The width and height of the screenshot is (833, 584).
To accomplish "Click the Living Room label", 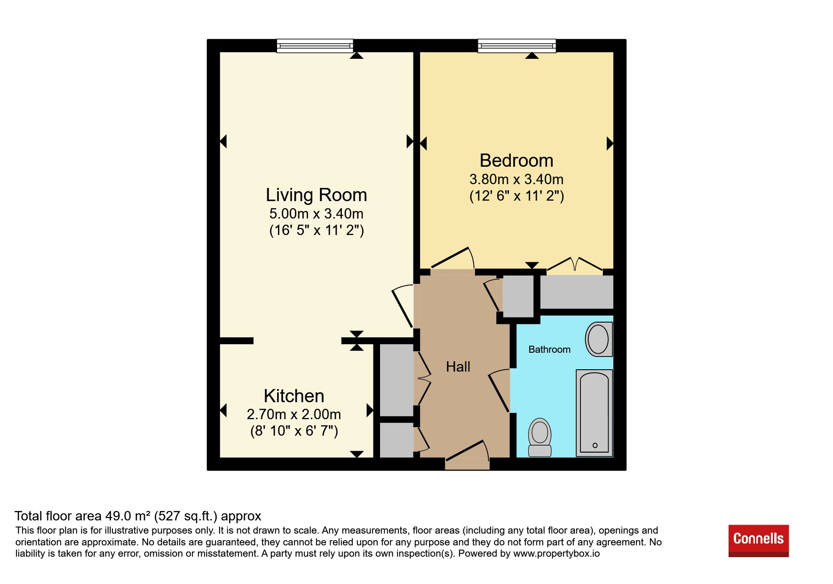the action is (x=316, y=195).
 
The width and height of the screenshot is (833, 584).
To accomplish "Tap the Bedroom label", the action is (x=516, y=161).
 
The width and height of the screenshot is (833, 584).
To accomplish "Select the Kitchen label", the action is (x=294, y=396).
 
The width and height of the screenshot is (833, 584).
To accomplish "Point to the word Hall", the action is (x=458, y=367).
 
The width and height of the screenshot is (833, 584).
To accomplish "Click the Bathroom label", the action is (x=549, y=349).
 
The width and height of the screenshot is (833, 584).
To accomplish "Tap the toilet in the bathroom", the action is (x=540, y=438).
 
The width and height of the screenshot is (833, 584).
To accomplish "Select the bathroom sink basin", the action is (x=599, y=339).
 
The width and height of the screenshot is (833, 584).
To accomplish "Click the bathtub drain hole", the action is (x=595, y=445).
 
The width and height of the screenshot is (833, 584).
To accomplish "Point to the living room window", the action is (x=315, y=46).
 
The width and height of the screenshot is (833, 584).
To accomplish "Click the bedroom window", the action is (x=517, y=46).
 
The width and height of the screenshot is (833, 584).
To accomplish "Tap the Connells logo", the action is (x=759, y=541).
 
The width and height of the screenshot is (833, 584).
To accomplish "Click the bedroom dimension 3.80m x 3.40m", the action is (x=516, y=179).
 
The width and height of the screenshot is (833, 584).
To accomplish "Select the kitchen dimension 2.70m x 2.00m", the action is (x=294, y=414).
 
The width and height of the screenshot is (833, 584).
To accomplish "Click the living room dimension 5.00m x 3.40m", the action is (x=316, y=214).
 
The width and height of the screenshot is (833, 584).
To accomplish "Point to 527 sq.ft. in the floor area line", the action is (x=186, y=516).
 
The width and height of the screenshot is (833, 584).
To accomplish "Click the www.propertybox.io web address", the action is (x=556, y=553).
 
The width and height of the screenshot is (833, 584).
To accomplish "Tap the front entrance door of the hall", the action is (x=467, y=453).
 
